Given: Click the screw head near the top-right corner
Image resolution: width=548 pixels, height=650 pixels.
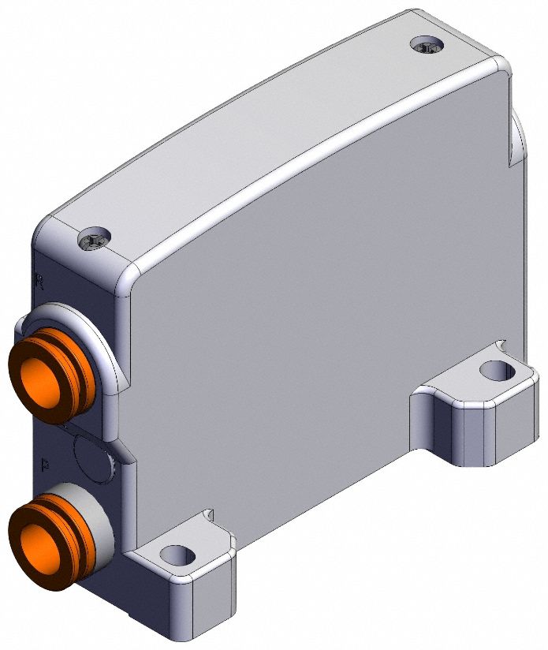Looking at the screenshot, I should pyautogui.click(x=427, y=46).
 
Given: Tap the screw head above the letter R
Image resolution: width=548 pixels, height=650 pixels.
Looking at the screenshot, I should pyautogui.click(x=95, y=237).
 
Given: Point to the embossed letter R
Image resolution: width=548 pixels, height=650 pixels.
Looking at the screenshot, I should pyautogui.click(x=40, y=278).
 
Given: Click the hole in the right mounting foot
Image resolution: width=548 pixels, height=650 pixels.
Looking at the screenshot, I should pyautogui.click(x=495, y=368).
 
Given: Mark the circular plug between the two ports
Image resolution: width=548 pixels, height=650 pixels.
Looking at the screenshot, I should pyautogui.click(x=91, y=458).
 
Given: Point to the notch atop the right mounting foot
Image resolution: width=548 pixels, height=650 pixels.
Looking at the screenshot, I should pyautogui.click(x=501, y=346).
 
